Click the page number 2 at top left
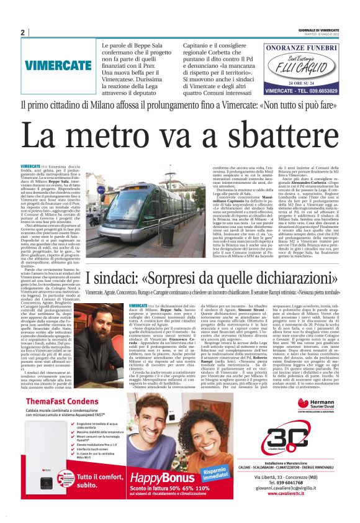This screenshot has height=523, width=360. click(x=22, y=32)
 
